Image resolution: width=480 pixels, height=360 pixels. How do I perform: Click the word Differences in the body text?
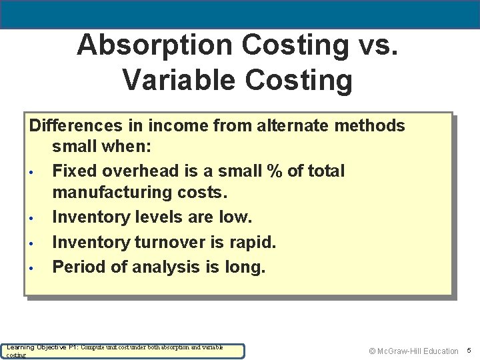[75, 125]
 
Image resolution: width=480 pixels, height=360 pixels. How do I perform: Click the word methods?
[371, 125]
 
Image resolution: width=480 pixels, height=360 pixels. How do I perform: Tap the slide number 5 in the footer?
[469, 351]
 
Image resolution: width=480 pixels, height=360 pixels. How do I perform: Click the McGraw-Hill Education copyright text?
[413, 351]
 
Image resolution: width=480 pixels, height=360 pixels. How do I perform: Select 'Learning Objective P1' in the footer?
[43, 347]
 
